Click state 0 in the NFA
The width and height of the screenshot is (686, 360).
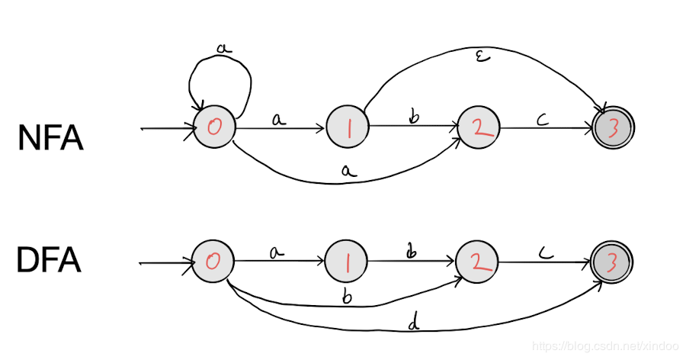click(x=214, y=128)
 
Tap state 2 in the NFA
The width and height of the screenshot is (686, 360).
click(x=479, y=128)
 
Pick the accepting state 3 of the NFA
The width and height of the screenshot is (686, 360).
click(x=614, y=128)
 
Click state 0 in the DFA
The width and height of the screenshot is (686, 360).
click(x=214, y=262)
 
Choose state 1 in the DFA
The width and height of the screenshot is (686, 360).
click(x=348, y=262)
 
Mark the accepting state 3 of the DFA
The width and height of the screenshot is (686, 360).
click(x=614, y=262)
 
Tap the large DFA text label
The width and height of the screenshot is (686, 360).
click(x=48, y=262)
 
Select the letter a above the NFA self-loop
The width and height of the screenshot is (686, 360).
click(x=223, y=48)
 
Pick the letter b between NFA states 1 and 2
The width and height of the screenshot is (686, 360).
click(x=415, y=118)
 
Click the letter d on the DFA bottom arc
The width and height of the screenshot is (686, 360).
click(x=414, y=323)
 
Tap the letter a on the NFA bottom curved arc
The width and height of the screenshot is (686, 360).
click(x=348, y=173)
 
